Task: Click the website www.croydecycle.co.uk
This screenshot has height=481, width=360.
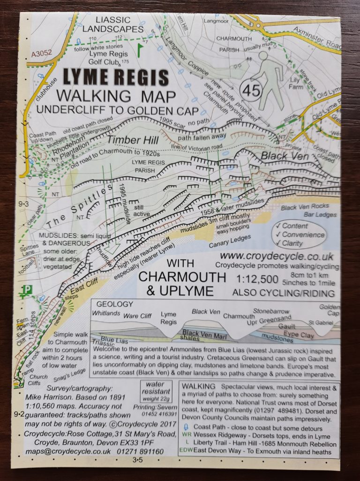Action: [x=277, y=256]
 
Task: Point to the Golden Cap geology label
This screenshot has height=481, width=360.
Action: [x=329, y=310]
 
